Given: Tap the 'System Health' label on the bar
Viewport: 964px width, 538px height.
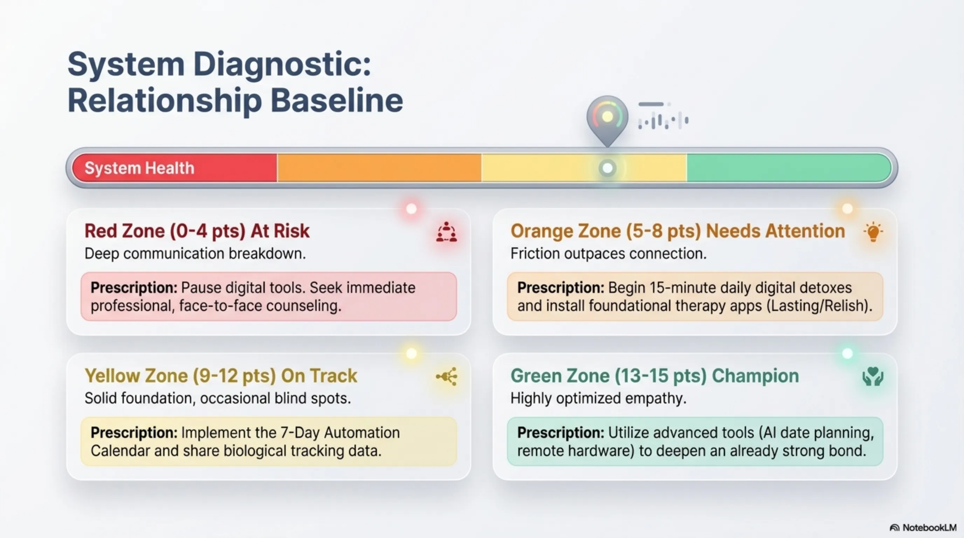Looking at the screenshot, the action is [139, 168].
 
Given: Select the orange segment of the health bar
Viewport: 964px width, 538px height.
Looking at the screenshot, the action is [379, 168].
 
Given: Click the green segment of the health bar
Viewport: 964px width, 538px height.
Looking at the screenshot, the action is [789, 168].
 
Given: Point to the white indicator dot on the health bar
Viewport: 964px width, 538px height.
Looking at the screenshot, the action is [607, 168].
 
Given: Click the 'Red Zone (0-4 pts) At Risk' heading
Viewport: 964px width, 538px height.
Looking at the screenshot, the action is [197, 231].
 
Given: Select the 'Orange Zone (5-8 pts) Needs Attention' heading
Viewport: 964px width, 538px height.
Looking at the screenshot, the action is [678, 231].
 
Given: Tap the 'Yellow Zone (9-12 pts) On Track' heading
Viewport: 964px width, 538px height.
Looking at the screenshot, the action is [221, 375].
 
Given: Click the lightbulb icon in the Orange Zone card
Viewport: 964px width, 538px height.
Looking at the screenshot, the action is [873, 232].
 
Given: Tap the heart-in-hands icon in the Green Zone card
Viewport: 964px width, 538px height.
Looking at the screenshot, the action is [873, 377].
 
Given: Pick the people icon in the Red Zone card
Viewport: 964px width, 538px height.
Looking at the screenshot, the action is [447, 232].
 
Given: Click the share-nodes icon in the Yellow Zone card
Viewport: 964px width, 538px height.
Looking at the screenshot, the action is [447, 377].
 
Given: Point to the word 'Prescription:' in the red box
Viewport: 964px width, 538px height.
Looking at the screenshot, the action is [134, 288].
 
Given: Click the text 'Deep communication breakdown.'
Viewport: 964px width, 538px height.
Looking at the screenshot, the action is [195, 254].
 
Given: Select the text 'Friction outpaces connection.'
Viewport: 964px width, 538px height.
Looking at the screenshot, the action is [608, 254].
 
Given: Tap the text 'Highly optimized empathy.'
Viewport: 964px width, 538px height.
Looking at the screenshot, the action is [598, 399].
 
